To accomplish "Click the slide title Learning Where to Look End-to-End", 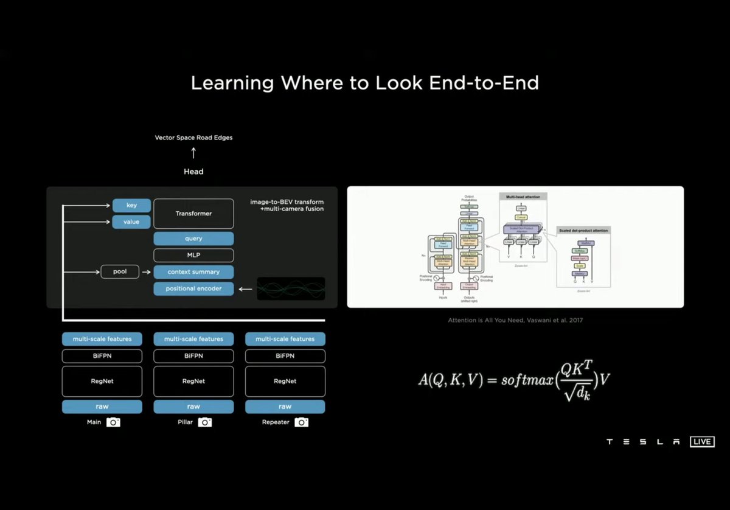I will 365,83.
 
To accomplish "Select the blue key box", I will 131,206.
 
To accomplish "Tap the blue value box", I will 131,222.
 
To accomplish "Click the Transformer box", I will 193,214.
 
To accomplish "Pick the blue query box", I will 193,239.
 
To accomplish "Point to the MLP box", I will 193,255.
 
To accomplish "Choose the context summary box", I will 193,271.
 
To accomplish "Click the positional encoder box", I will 193,288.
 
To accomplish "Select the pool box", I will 120,271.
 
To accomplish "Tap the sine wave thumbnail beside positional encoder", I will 291,288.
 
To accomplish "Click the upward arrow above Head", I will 193,153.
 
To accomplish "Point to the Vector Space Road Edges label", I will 193,138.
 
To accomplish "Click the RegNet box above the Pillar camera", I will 193,381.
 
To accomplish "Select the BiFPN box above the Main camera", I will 102,356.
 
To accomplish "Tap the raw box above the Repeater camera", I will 285,407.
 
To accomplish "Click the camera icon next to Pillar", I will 205,422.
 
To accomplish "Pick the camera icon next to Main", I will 113,422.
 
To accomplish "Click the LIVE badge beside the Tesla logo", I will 702,442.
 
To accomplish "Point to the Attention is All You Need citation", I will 515,320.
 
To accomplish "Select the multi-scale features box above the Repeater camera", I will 285,339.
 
